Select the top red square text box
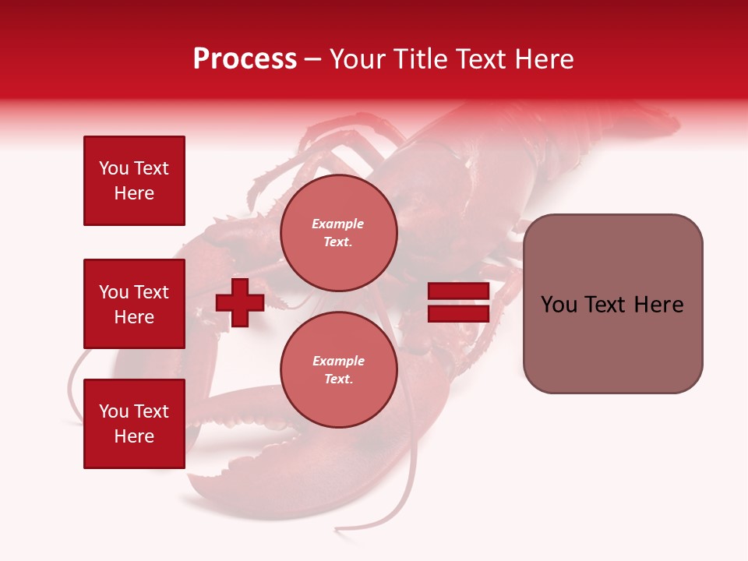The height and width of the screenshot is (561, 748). pyautogui.click(x=134, y=181)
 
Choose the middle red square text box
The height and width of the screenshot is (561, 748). pyautogui.click(x=134, y=304)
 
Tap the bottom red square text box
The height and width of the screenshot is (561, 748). pyautogui.click(x=134, y=424)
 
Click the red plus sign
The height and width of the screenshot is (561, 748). pyautogui.click(x=240, y=302)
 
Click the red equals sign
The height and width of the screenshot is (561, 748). pyautogui.click(x=458, y=302)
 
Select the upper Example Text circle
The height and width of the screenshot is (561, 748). pyautogui.click(x=338, y=233)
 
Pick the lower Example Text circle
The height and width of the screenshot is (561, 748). pyautogui.click(x=338, y=369)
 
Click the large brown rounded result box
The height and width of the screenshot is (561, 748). pyautogui.click(x=612, y=304)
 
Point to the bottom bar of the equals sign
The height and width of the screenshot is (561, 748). pyautogui.click(x=458, y=313)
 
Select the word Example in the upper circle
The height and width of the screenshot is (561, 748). pyautogui.click(x=338, y=224)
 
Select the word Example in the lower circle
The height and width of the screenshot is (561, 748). pyautogui.click(x=338, y=361)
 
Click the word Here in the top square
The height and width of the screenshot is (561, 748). pyautogui.click(x=134, y=193)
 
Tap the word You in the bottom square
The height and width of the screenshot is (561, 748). pyautogui.click(x=114, y=411)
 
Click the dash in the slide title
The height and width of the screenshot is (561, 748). pyautogui.click(x=313, y=60)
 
